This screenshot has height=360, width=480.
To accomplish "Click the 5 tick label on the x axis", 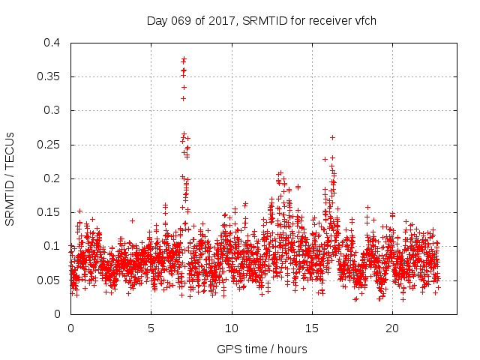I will pos(151,328).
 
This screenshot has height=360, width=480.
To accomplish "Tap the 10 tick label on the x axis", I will pos(232,328).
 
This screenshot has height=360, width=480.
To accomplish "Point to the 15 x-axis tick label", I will pos(312,328).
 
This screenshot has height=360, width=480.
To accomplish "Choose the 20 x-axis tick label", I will pos(392,328).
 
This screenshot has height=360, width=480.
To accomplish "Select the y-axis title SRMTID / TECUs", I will pos(10,178).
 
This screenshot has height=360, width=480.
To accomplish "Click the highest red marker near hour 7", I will pos(184,58).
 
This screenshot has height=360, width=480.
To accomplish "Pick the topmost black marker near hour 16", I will pos(332,137).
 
